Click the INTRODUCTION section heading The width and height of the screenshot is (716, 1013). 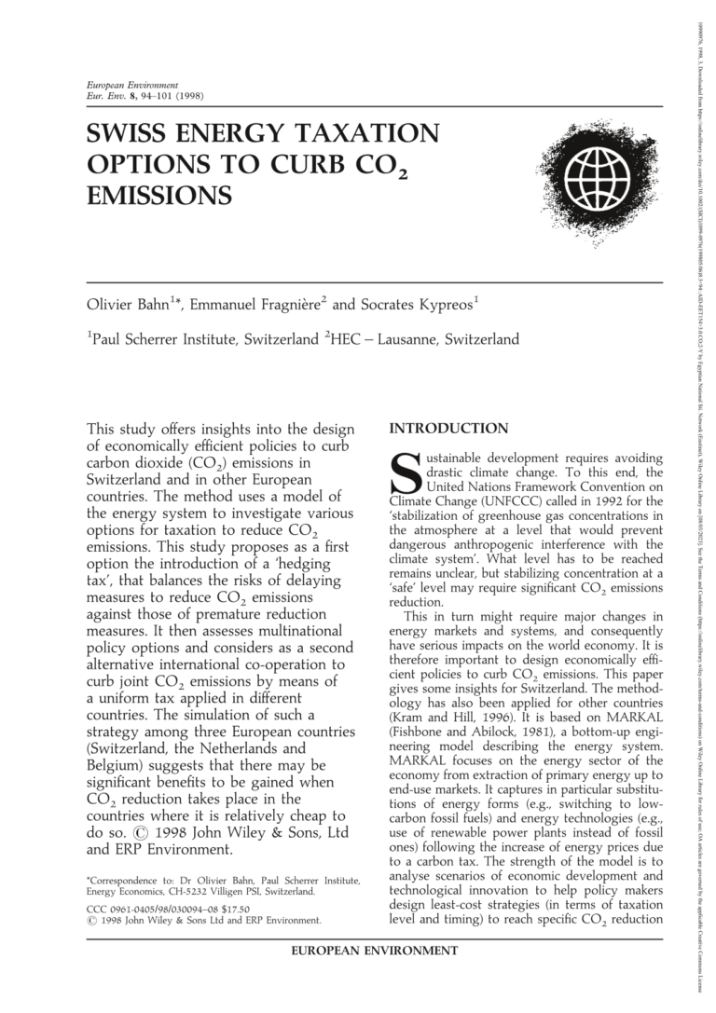click(448, 429)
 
